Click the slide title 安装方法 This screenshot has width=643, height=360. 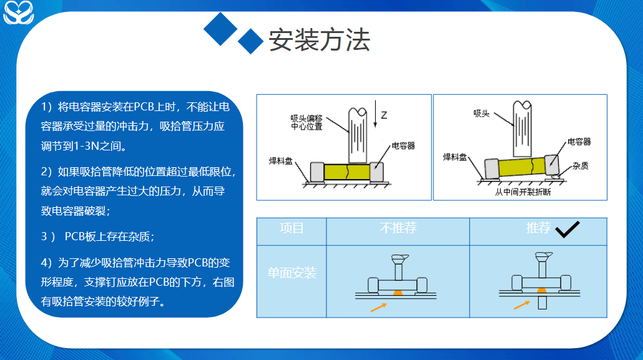(320, 40)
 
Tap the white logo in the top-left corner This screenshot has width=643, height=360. (18, 12)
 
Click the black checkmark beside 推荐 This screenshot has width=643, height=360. (567, 229)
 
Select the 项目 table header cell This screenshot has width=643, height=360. (292, 228)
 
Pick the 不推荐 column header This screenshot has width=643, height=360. (398, 228)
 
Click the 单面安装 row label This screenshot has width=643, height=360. (292, 273)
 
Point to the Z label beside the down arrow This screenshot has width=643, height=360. (384, 115)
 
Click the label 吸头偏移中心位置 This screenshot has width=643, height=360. (307, 122)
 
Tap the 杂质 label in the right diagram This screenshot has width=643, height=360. (581, 165)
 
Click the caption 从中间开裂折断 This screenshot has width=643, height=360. (523, 192)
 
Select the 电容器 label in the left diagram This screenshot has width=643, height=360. (403, 145)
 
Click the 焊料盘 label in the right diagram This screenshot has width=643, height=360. (454, 157)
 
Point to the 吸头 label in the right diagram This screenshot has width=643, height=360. (481, 114)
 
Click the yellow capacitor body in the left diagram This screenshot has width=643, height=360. (347, 172)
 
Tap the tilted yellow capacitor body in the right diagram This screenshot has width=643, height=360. (522, 167)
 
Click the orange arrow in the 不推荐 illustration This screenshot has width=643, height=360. (378, 308)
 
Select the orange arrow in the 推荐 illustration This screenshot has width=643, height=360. (522, 305)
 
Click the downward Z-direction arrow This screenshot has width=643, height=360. (375, 114)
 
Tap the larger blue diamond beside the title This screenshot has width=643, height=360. (220, 29)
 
